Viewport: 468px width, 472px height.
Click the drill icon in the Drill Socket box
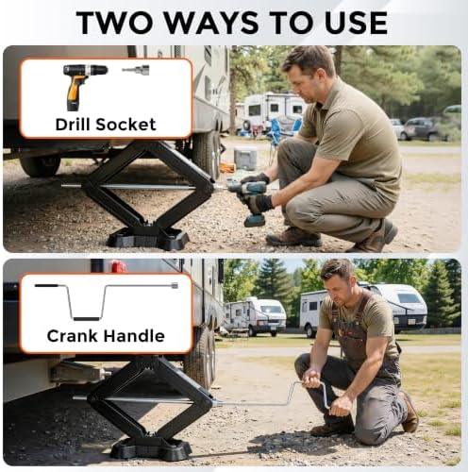point(83,87)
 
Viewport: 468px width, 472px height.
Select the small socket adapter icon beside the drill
point(136,70)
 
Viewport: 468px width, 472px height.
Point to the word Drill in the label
point(74,125)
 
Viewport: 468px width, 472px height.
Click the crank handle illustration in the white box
point(107,301)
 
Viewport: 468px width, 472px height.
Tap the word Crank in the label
point(73,336)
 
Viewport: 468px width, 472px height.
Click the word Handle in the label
point(134,336)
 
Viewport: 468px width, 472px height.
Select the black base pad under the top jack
point(148,238)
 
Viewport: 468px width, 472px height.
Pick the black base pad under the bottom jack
point(151,447)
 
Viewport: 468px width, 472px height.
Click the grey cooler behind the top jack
point(245,158)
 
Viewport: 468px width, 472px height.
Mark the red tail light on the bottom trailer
point(119,266)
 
